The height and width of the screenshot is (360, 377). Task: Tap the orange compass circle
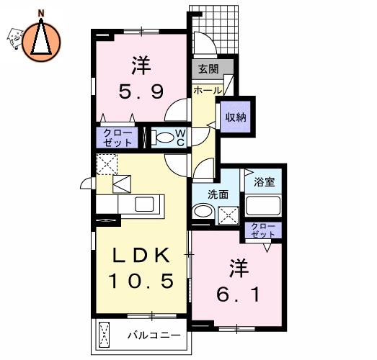[x=42, y=40]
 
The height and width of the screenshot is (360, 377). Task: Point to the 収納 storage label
[x=236, y=116]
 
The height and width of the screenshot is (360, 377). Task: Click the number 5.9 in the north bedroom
[x=141, y=92]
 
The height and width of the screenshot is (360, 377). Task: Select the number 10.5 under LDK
[x=141, y=281]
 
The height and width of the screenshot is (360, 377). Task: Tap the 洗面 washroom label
[x=218, y=194]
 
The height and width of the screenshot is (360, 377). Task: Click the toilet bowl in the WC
[x=164, y=138]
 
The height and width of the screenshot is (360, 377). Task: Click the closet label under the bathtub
[x=263, y=230]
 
